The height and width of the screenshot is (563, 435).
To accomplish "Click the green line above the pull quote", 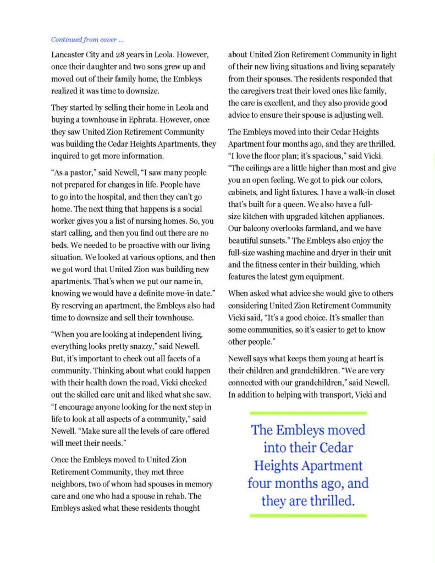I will [x=309, y=412].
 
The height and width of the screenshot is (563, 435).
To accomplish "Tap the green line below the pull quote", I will [x=309, y=516].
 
